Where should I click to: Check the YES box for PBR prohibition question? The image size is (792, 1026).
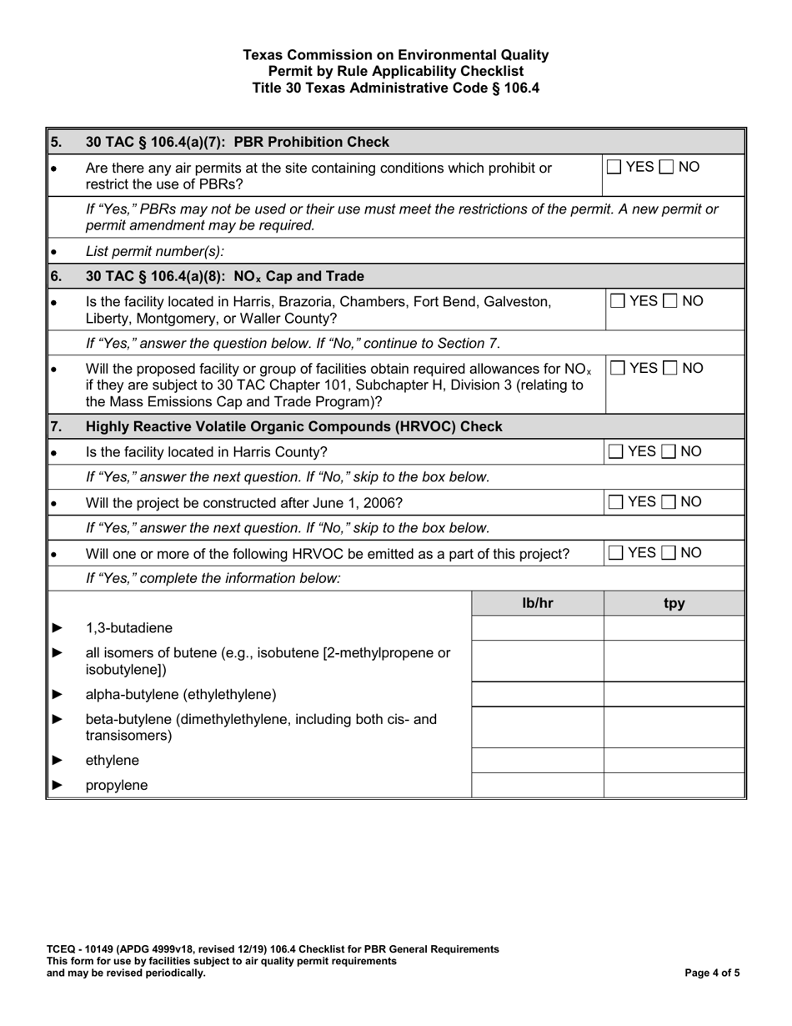coord(614,168)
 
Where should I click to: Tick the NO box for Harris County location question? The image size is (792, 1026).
coord(669,452)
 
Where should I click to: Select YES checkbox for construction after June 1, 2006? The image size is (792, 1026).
coord(614,502)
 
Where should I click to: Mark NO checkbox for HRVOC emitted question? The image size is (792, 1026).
coord(669,553)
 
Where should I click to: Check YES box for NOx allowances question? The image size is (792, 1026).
coord(618,369)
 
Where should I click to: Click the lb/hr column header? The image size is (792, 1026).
coord(538,603)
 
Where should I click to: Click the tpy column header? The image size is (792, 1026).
coord(674,603)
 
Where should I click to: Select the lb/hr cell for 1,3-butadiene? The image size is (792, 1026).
coord(538,628)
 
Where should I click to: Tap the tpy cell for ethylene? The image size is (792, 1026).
coord(674,761)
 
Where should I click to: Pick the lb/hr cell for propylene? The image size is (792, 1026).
coord(538,785)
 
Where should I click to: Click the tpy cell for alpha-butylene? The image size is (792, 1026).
coord(674,694)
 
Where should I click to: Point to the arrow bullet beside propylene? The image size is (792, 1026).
coord(58,786)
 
